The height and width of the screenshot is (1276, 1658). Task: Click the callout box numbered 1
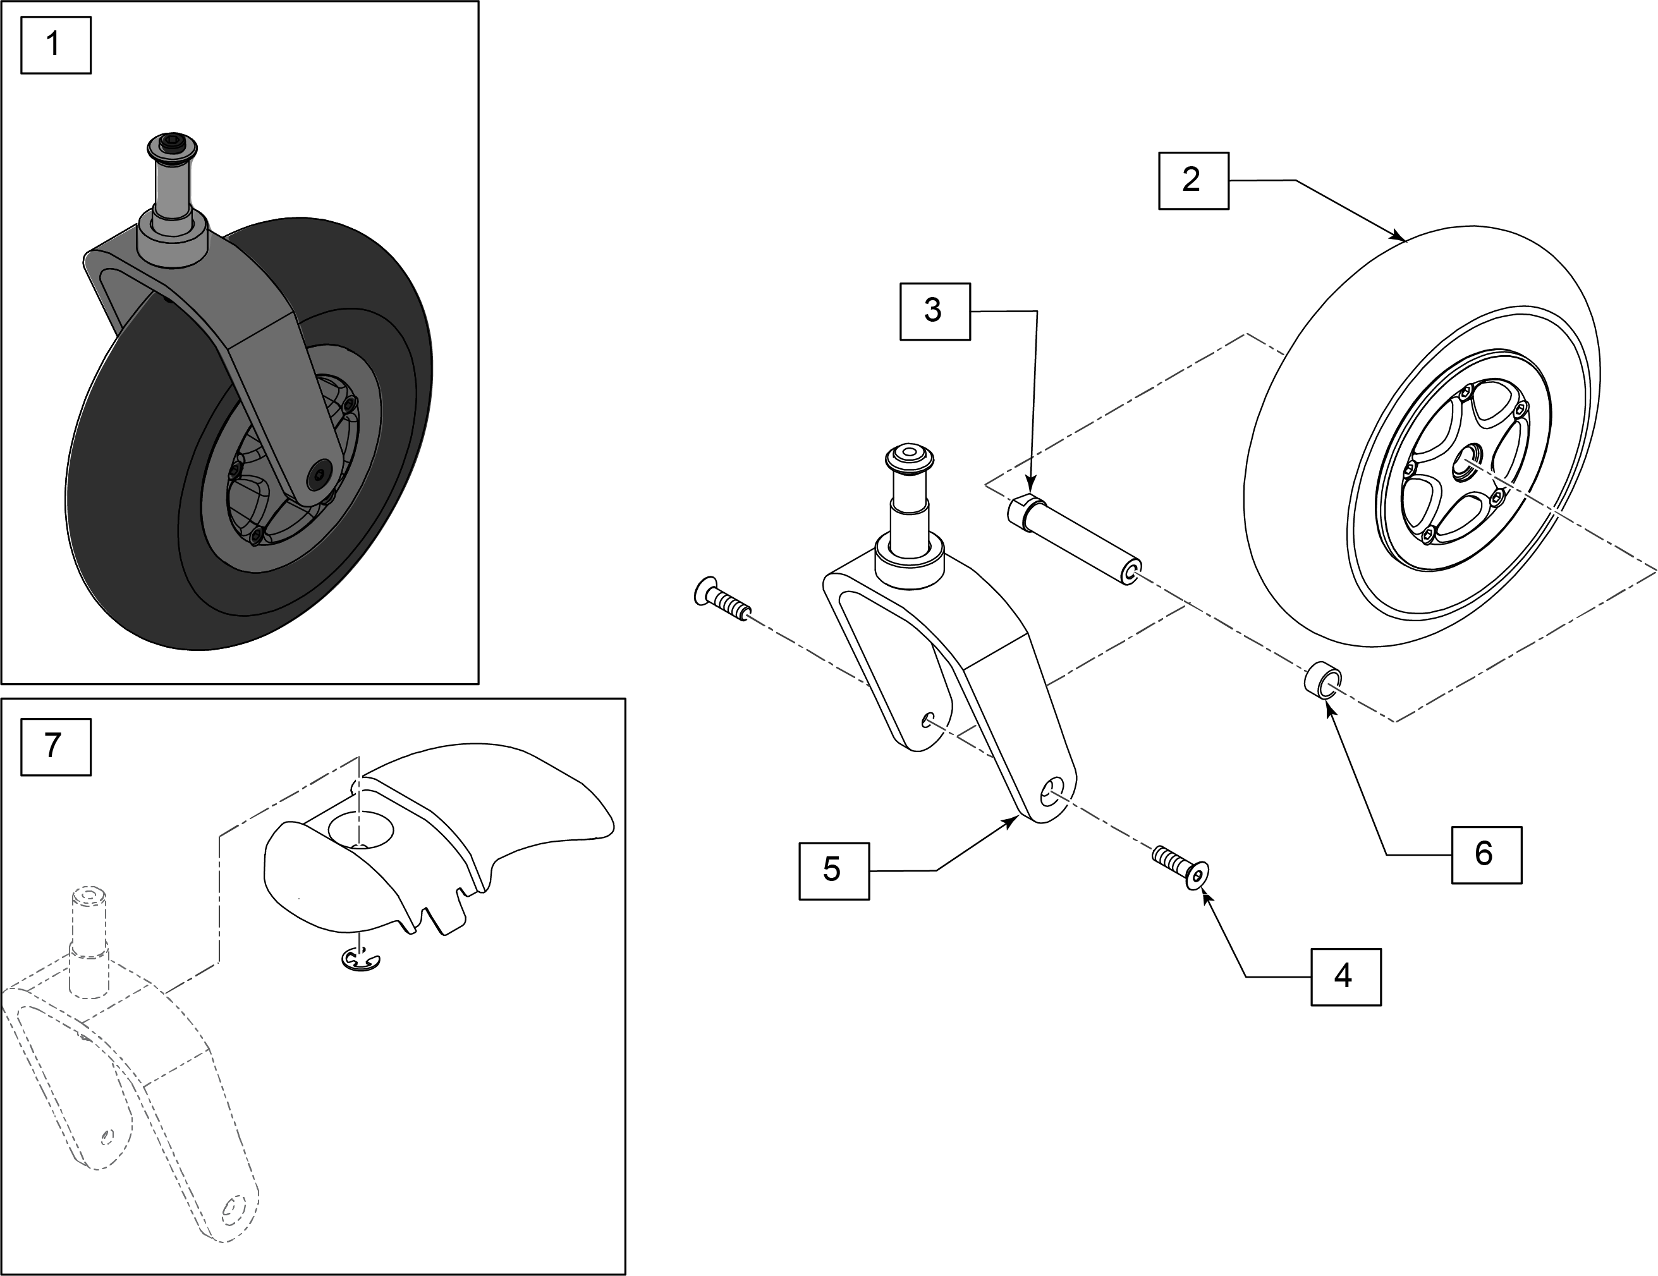coord(56,46)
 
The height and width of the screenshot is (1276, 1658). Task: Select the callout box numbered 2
coord(1193,181)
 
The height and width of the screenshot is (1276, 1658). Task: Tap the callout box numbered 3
coord(934,311)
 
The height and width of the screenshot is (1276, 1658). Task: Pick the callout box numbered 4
coord(1345,977)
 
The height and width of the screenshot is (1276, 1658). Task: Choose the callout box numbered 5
coord(834,871)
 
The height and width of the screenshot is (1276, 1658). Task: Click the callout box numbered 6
coord(1485,854)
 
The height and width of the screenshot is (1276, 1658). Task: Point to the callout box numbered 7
coord(56,747)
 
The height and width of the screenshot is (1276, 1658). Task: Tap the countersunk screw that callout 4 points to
coord(1181,867)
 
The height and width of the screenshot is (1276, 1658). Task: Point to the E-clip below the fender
coord(359,960)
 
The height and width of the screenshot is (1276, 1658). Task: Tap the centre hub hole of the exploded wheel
coord(1465,465)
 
